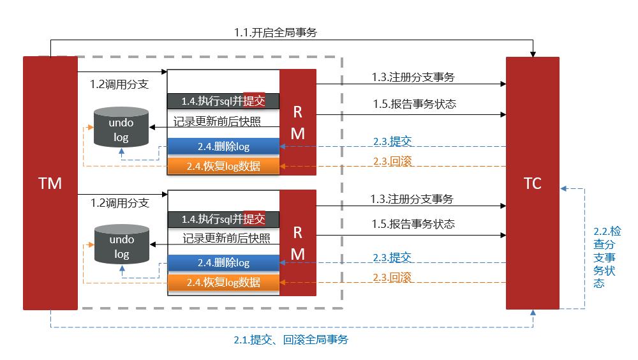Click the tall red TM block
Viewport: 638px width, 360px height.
(50, 183)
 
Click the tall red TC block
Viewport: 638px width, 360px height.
(532, 183)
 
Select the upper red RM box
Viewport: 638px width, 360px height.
(298, 122)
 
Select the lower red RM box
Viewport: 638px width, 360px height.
(298, 243)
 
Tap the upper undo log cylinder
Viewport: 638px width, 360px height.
(121, 128)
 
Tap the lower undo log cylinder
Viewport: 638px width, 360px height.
(121, 246)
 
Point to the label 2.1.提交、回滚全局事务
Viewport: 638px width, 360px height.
(291, 340)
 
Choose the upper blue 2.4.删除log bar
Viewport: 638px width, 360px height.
(223, 147)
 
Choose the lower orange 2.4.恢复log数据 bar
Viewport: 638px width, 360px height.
(223, 282)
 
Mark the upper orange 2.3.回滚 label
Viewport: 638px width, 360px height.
(392, 161)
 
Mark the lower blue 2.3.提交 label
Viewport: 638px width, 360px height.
(392, 257)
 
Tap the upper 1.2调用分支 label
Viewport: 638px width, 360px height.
(120, 83)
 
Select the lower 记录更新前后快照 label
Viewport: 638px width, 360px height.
(226, 239)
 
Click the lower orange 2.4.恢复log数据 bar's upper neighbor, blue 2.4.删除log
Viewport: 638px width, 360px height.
(223, 262)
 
